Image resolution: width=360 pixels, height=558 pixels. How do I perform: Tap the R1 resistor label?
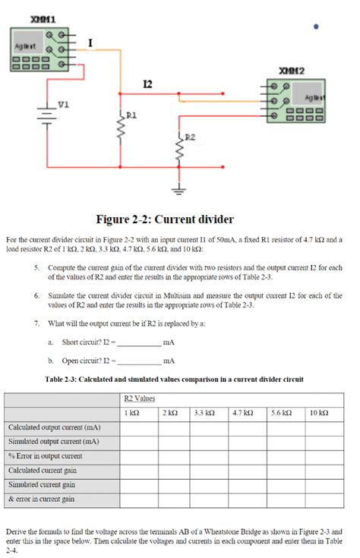point(132,115)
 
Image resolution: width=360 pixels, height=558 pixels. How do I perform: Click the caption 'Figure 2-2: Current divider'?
point(164,219)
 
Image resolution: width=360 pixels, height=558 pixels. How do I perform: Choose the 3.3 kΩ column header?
point(207,412)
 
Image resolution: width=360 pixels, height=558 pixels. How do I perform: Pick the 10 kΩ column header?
point(319,412)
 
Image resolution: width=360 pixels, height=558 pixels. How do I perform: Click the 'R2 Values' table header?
point(139,398)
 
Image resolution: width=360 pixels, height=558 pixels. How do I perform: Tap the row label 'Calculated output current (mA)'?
point(53,427)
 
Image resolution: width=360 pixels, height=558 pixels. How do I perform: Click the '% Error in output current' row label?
point(45,456)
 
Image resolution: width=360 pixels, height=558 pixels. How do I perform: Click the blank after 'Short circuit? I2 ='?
point(139,342)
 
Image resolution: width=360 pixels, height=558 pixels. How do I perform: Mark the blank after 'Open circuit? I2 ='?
point(139,361)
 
